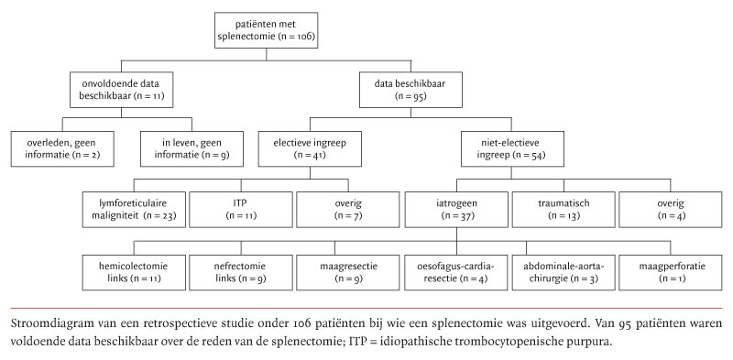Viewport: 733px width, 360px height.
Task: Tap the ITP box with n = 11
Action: [x=240, y=209]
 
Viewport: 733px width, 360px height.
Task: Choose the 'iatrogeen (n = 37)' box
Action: [x=454, y=209]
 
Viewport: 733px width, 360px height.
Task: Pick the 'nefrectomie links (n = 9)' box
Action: [x=240, y=270]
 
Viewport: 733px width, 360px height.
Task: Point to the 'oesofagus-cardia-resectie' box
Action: [x=454, y=270]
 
